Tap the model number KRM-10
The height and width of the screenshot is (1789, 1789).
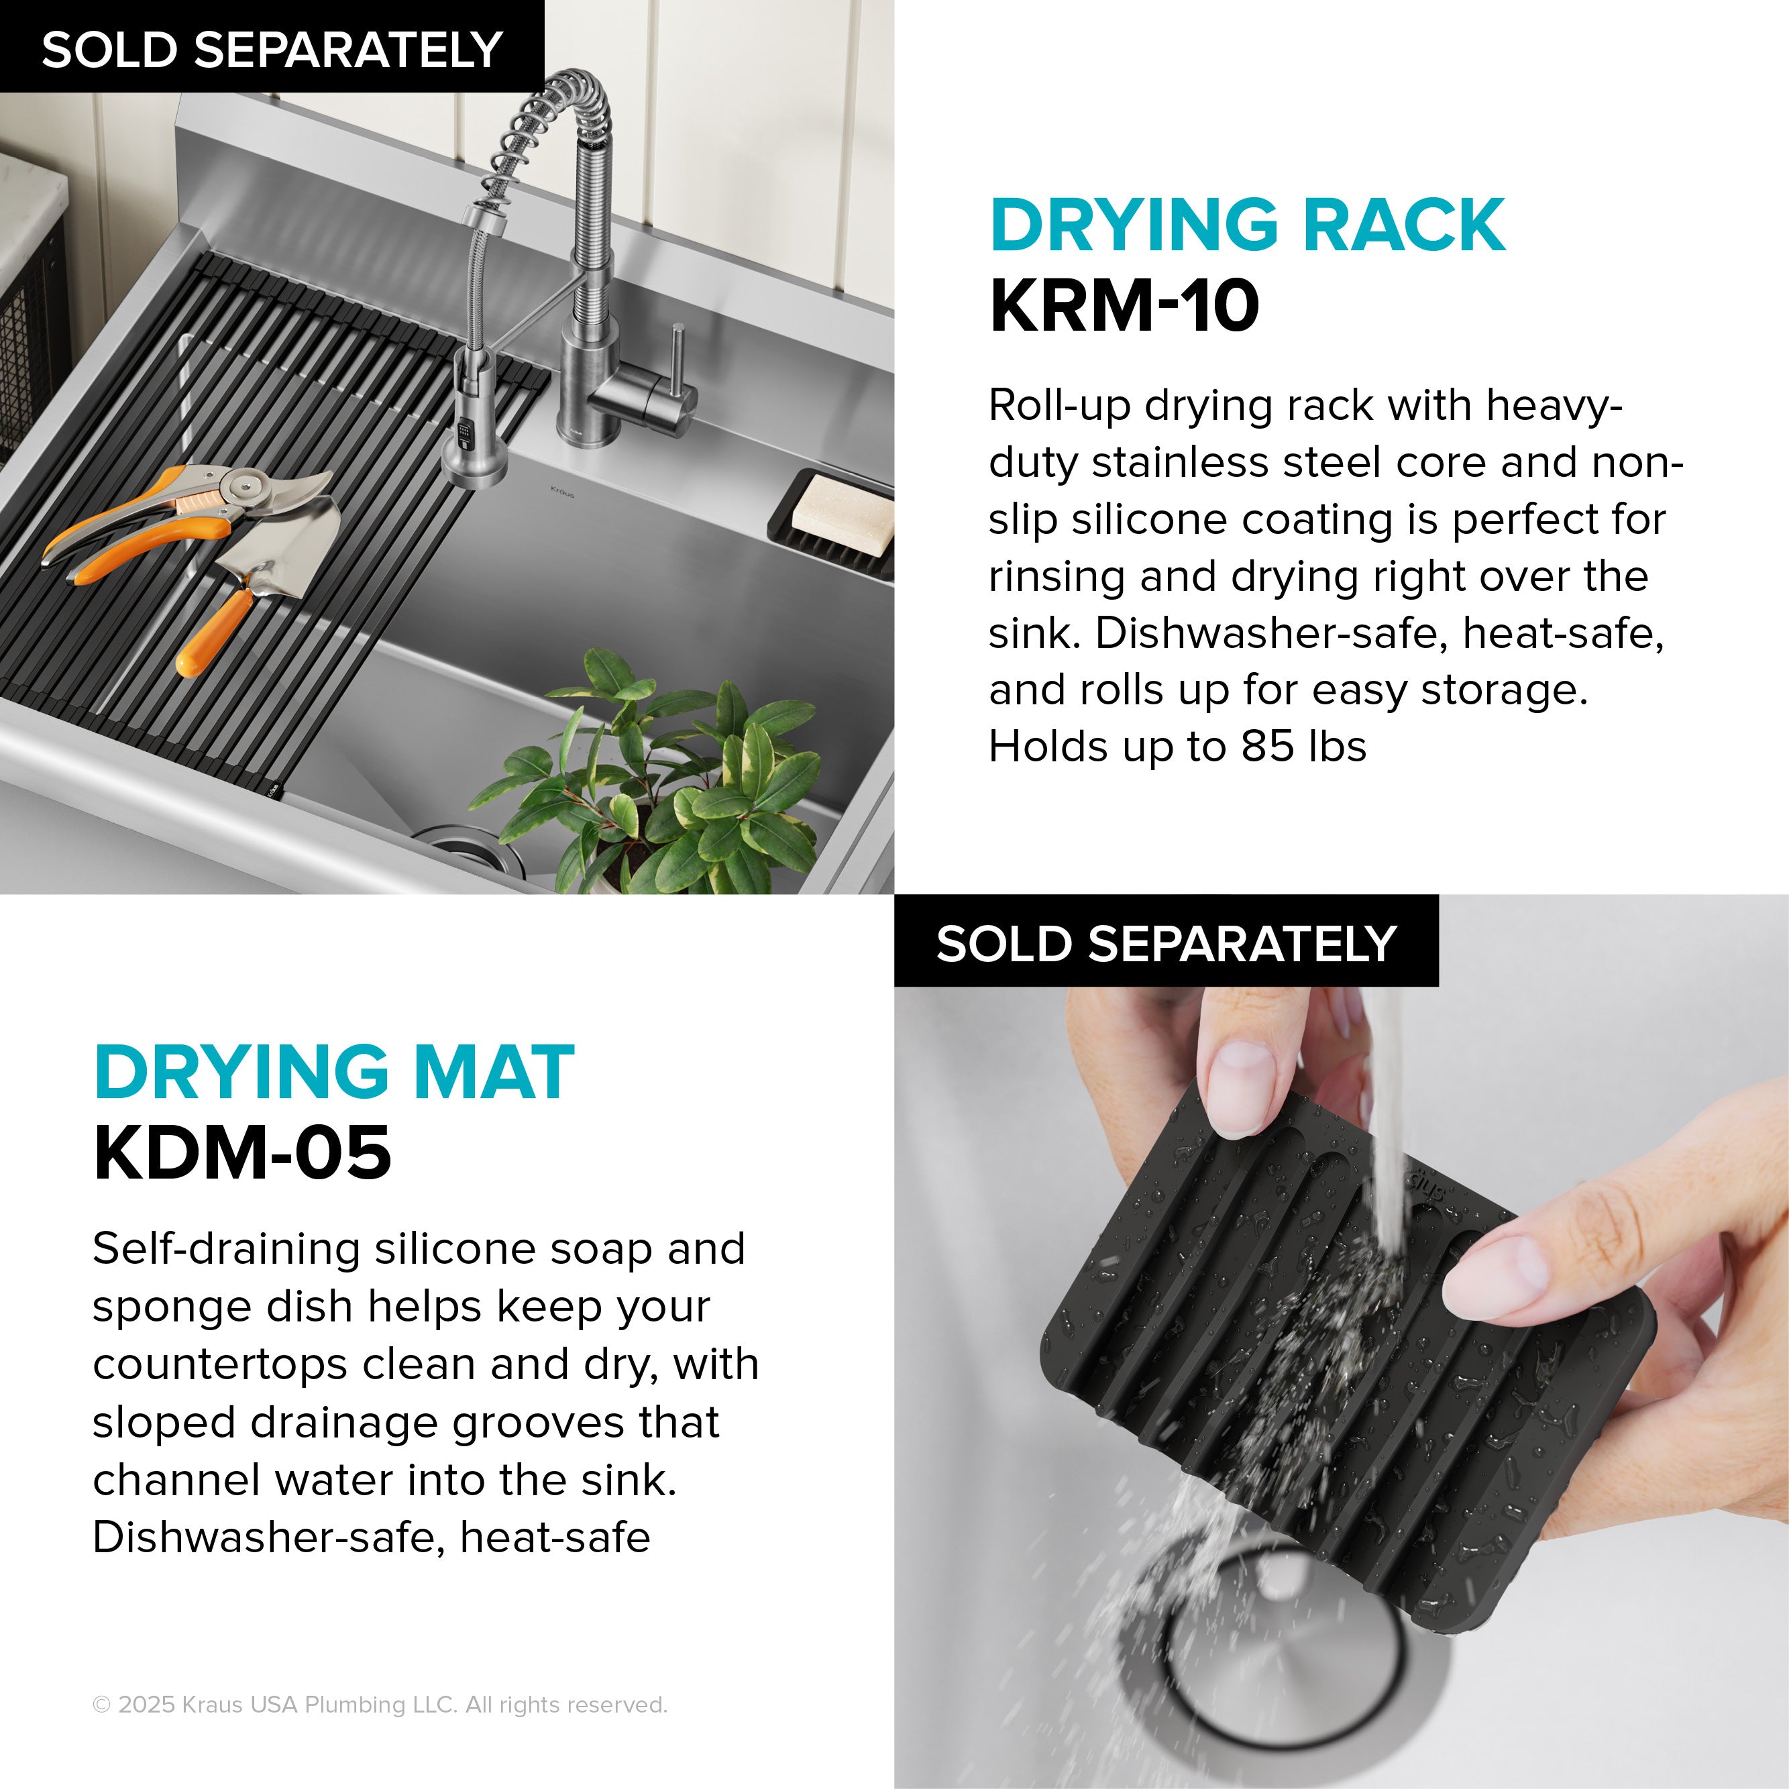tap(1124, 307)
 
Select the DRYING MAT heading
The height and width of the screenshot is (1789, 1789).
tap(334, 1073)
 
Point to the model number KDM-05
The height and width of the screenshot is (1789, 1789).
tap(243, 1153)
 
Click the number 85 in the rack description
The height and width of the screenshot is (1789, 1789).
tap(1266, 747)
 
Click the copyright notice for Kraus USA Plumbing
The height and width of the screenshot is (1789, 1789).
tap(380, 1704)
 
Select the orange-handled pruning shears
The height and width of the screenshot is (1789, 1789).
tap(185, 519)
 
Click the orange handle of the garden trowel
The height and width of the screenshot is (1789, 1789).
tap(213, 631)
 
